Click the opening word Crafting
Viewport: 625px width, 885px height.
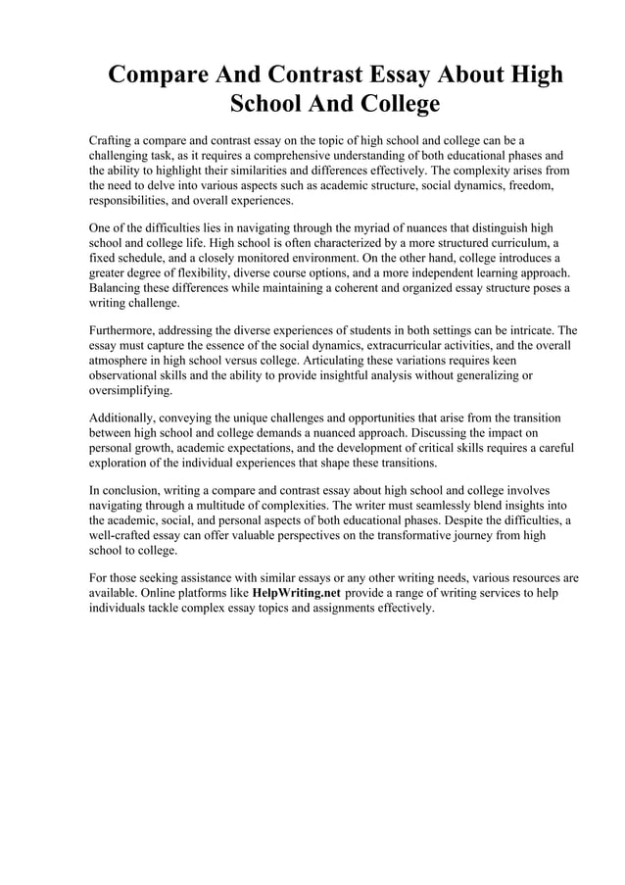coord(116,140)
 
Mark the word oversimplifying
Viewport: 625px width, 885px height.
coord(129,390)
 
